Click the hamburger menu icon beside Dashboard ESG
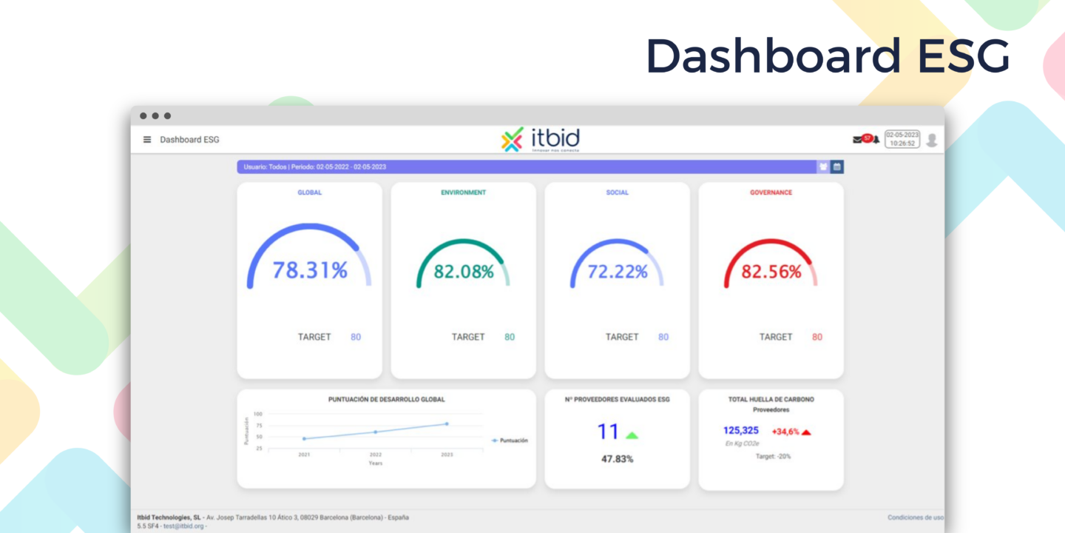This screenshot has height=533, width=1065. coord(147,139)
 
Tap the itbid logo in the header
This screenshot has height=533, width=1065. coord(541,139)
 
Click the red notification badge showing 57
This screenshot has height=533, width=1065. coord(867,138)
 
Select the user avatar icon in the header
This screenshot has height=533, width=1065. coord(932,140)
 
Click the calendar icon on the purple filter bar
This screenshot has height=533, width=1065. coord(837,167)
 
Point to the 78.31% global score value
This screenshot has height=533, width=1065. coord(310,271)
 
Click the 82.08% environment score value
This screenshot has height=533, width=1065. coord(464,272)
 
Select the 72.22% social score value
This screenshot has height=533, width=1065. coord(618,272)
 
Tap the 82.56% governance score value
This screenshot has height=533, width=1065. coord(771,272)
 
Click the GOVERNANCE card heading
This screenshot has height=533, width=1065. coord(771,192)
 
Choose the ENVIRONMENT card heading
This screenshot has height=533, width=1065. coord(463,192)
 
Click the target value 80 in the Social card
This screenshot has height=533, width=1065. coord(663,337)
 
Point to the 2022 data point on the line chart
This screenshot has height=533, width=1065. coord(376,432)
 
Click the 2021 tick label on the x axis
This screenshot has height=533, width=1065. coord(304,455)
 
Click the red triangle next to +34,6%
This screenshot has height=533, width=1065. coord(806,432)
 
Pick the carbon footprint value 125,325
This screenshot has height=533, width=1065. coord(741,431)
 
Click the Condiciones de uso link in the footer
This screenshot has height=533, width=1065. coord(916,517)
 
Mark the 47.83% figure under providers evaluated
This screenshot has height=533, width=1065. coord(617,459)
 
